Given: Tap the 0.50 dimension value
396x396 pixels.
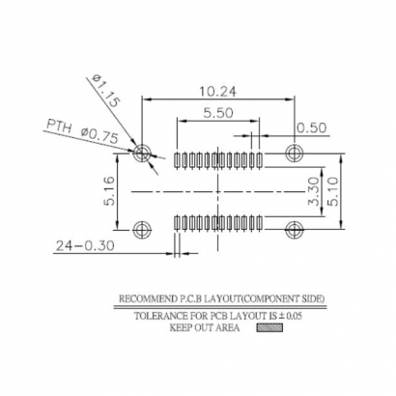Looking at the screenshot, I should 310,127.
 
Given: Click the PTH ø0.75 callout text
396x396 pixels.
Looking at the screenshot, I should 82,132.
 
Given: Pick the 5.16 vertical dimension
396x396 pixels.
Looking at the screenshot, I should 112,191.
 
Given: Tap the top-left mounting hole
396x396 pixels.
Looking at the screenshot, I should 144,153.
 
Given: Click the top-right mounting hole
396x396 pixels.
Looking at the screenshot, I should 295,153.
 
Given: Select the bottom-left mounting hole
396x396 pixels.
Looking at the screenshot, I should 144,228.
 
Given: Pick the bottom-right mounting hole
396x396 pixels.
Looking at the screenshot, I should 295,228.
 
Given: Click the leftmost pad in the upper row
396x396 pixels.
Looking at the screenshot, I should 176,159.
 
